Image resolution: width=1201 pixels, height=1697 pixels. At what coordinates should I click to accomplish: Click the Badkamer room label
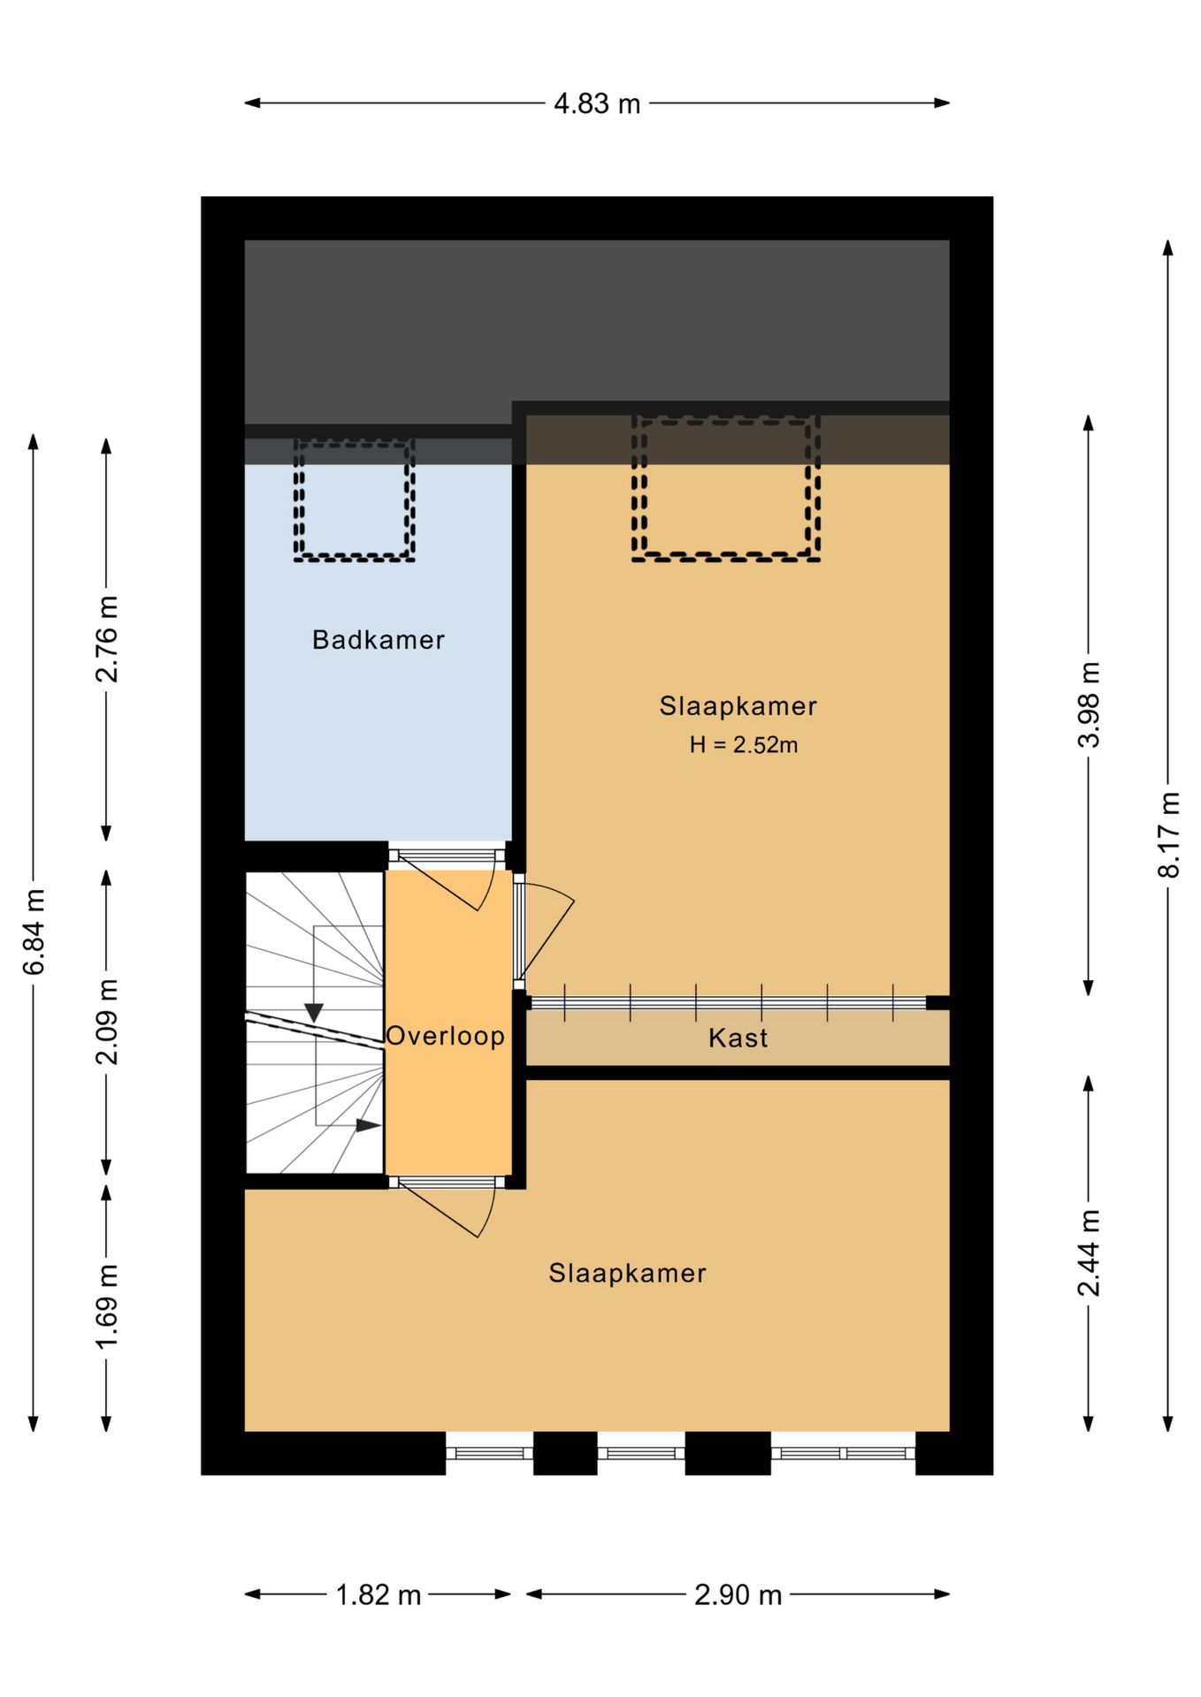[x=378, y=640]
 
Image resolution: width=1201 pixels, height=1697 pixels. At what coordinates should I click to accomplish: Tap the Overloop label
[x=446, y=1036]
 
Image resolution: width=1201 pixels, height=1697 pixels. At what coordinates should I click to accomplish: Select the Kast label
[x=738, y=1038]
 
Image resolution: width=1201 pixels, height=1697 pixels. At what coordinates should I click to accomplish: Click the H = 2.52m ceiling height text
[x=743, y=745]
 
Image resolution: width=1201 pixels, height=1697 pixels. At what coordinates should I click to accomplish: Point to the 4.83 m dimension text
[x=597, y=104]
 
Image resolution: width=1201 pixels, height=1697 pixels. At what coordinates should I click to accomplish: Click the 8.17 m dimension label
[x=1168, y=835]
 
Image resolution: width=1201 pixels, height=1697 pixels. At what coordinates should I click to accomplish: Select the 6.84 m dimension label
[x=34, y=932]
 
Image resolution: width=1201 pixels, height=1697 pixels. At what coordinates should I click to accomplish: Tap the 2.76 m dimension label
[x=107, y=639]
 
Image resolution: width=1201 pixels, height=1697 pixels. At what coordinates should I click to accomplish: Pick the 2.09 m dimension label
[x=107, y=1023]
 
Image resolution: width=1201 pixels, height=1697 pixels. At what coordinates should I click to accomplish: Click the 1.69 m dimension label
[x=107, y=1307]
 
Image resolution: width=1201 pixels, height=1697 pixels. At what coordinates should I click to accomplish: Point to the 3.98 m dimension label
[x=1089, y=704]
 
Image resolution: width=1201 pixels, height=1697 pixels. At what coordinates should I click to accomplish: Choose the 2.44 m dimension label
[x=1089, y=1252]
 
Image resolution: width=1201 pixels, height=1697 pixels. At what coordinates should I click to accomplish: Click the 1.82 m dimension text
[x=379, y=1595]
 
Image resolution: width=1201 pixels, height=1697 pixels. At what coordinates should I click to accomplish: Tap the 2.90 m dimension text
[x=738, y=1595]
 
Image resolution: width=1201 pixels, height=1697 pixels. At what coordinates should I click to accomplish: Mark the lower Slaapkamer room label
[x=627, y=1274]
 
